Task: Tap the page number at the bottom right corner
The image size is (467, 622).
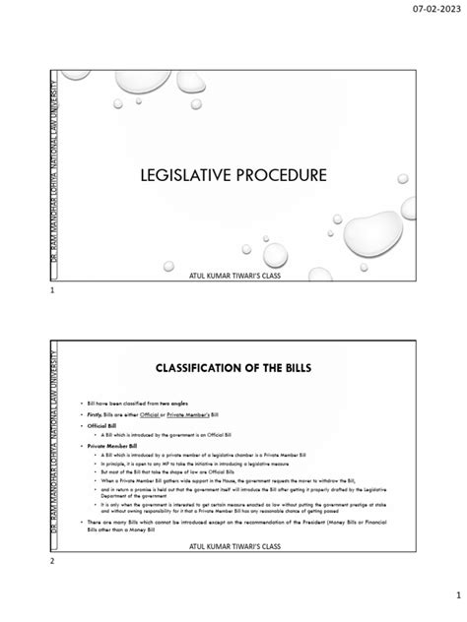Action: (x=443, y=596)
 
